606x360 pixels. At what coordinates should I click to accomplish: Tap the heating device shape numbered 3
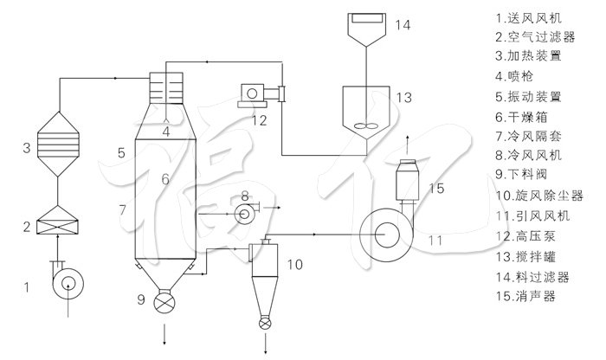[x=58, y=144]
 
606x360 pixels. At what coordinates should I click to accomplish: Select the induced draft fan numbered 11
[x=386, y=235]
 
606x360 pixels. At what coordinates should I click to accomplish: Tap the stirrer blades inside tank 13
[x=365, y=125]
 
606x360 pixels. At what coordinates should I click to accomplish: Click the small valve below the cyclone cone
[x=265, y=324]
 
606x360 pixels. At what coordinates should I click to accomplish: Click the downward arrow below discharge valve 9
[x=164, y=334]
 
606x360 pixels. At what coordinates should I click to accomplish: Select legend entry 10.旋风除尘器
[x=539, y=196]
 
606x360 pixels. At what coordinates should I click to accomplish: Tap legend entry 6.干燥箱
[x=521, y=116]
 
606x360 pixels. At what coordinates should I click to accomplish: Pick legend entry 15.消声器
[x=525, y=296]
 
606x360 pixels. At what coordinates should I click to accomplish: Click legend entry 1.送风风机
[x=528, y=18]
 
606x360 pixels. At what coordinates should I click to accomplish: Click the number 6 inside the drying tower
[x=165, y=179]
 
